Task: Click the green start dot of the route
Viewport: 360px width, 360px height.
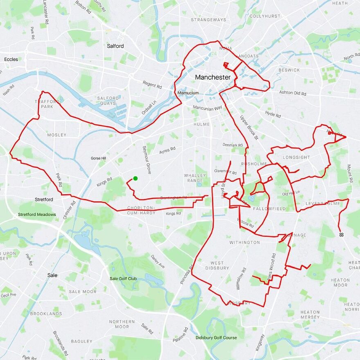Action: click(x=135, y=178)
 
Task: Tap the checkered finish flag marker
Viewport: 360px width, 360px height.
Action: click(x=341, y=235)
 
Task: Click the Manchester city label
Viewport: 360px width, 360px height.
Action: click(x=212, y=77)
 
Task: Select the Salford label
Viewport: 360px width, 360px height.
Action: click(x=115, y=46)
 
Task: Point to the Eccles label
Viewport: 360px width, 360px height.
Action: click(x=11, y=59)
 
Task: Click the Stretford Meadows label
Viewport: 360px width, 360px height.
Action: click(x=37, y=214)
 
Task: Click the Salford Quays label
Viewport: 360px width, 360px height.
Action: click(x=108, y=101)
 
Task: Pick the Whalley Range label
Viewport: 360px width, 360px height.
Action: click(x=195, y=178)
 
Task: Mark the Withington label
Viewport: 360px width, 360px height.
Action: click(x=244, y=243)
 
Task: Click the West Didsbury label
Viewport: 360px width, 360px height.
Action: click(x=217, y=265)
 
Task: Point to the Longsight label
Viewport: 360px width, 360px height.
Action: click(x=297, y=157)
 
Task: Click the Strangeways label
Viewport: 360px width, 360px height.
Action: click(x=208, y=20)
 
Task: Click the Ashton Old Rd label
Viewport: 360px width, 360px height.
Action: click(x=292, y=93)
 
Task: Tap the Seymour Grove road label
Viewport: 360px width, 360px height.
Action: click(x=146, y=160)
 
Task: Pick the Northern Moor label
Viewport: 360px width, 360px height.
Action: click(x=119, y=324)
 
